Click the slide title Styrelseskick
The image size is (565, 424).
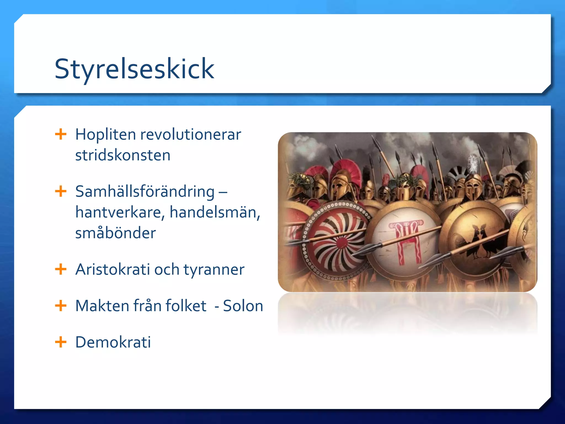pyautogui.click(x=134, y=69)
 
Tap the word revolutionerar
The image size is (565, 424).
pyautogui.click(x=191, y=135)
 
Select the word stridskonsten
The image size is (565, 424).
pyautogui.click(x=123, y=155)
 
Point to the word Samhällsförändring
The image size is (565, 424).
pyautogui.click(x=145, y=192)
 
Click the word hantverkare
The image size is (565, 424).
pyautogui.click(x=119, y=212)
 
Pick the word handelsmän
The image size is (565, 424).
pyautogui.click(x=215, y=212)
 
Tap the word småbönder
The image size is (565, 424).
pyautogui.click(x=115, y=233)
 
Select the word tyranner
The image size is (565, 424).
pyautogui.click(x=214, y=270)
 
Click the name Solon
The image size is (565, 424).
pyautogui.click(x=243, y=306)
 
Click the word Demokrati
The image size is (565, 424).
pyautogui.click(x=113, y=342)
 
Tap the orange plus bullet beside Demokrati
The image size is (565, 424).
pyautogui.click(x=61, y=342)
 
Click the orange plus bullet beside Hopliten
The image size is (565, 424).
pyautogui.click(x=61, y=134)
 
